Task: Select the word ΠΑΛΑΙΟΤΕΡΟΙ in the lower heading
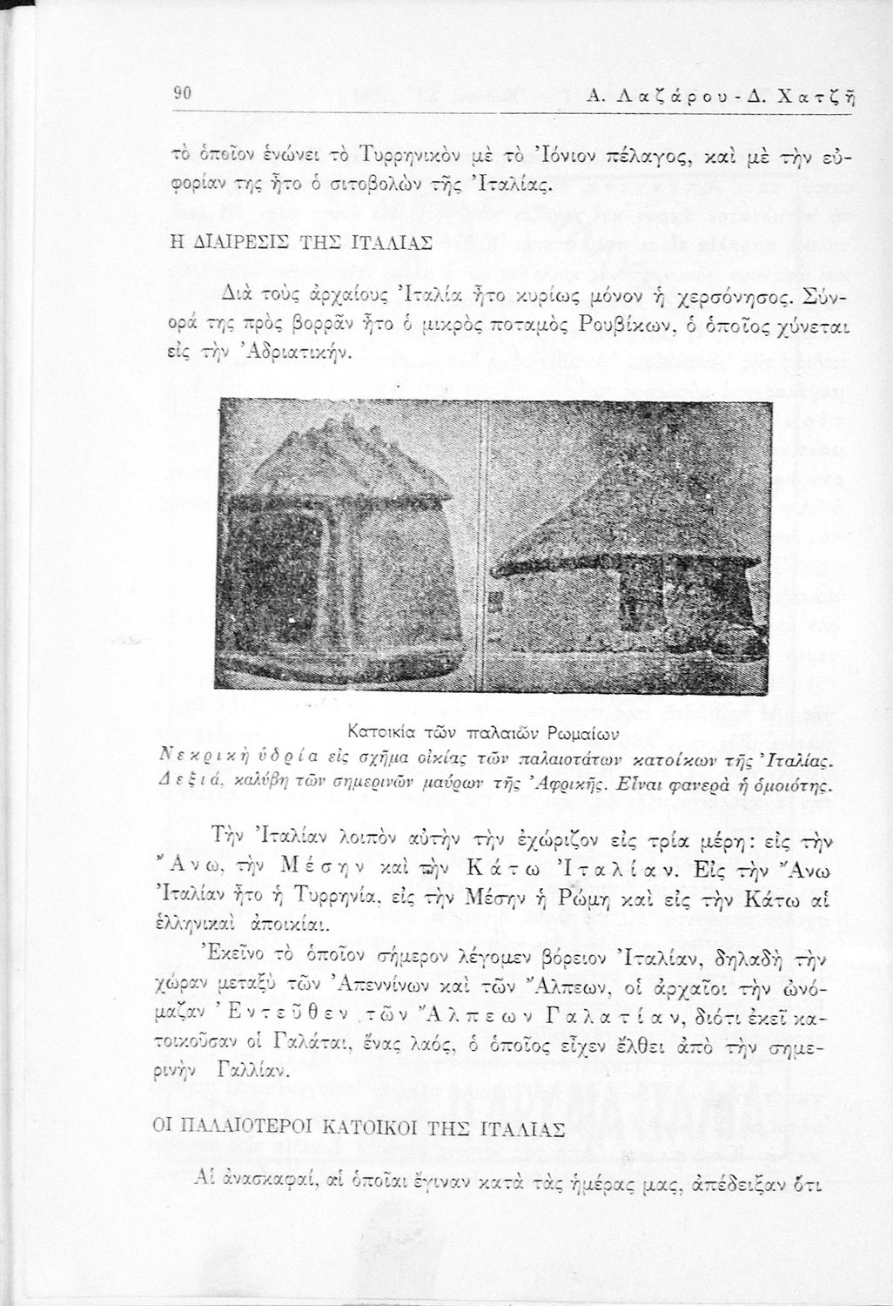(242, 1129)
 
